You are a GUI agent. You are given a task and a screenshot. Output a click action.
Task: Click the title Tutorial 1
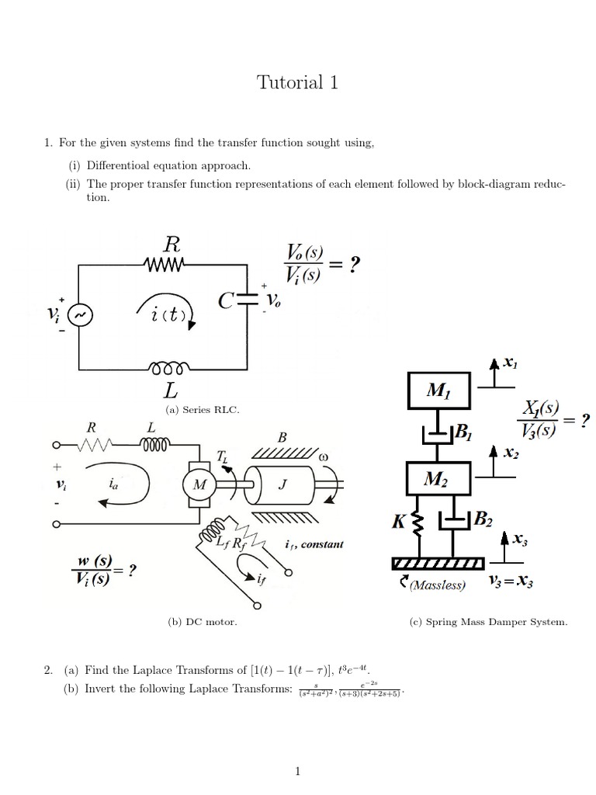click(297, 83)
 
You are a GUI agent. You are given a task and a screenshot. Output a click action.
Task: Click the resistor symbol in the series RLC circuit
click(164, 266)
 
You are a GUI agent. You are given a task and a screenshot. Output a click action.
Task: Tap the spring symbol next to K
click(418, 526)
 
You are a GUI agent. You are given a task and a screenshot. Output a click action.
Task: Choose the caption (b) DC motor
click(203, 622)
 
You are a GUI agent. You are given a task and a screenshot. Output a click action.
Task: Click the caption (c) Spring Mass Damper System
click(488, 622)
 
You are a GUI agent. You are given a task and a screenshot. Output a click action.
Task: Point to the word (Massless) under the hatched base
click(438, 585)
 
